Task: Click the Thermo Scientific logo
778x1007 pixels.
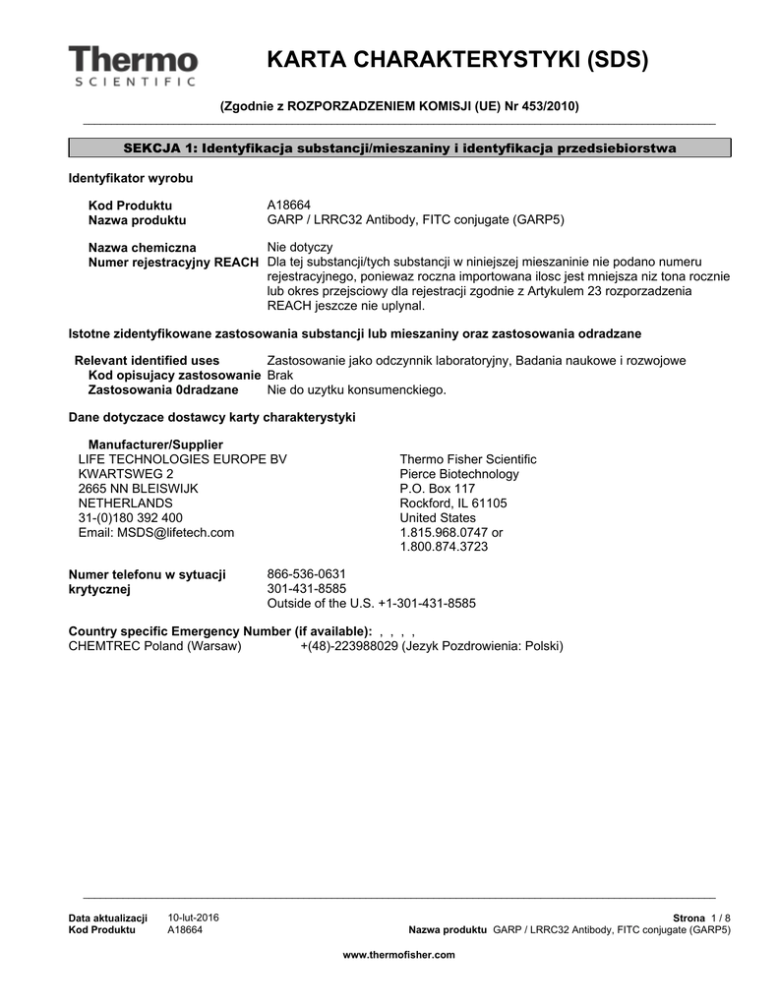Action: coord(133,65)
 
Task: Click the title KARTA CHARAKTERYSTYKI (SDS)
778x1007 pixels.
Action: coord(457,60)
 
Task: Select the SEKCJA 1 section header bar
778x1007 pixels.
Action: coord(399,148)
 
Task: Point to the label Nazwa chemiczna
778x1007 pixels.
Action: coord(142,247)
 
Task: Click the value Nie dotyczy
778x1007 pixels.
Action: coord(300,247)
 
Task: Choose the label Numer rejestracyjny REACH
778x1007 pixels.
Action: coord(173,262)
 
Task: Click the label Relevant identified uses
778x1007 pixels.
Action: coord(148,361)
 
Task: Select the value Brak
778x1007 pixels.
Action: coord(280,376)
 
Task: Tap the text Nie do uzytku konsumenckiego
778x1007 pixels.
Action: coord(356,390)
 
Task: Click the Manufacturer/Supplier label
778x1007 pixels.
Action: coord(155,445)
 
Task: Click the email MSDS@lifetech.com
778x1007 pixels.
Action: coord(156,532)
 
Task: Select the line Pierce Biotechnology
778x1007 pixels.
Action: coord(458,474)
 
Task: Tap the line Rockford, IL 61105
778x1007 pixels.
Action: coord(453,503)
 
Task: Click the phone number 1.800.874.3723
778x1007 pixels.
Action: coord(444,547)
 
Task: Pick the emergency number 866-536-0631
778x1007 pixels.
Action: coord(307,574)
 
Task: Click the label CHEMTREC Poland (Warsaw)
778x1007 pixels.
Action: coord(154,646)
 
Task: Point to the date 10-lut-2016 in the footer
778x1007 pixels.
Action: coord(194,918)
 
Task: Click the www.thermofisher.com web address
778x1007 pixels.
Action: coord(398,955)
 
